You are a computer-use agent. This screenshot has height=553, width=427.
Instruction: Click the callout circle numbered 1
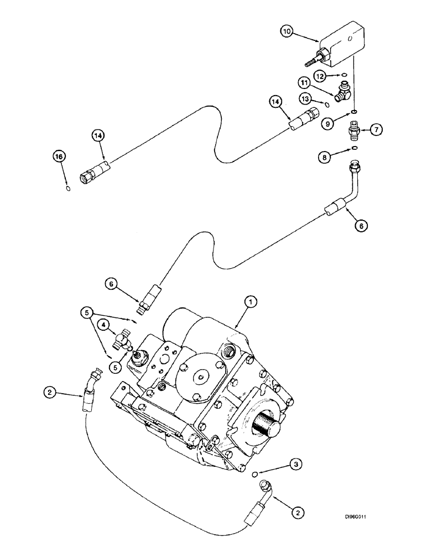tap(251, 301)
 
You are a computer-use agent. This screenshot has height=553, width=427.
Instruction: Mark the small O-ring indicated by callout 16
tap(67, 189)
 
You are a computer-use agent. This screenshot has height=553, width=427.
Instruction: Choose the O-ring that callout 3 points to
tap(254, 474)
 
